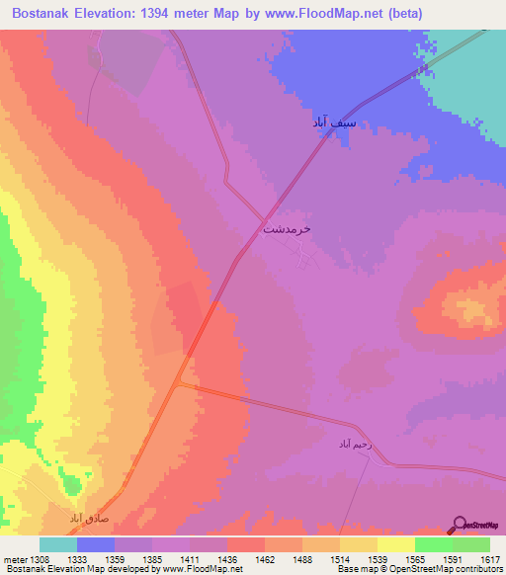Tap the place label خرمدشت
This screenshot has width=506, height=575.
pos(287,228)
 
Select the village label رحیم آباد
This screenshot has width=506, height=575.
pos(355,445)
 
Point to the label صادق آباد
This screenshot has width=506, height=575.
pos(89,517)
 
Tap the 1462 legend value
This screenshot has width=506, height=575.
pos(264,558)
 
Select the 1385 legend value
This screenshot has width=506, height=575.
pos(151,558)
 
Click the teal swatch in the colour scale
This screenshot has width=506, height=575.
pos(58,544)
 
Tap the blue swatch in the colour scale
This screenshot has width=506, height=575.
pos(96,544)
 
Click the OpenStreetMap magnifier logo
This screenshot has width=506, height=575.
pos(460,525)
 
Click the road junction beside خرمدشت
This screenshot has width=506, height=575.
pos(264,219)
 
